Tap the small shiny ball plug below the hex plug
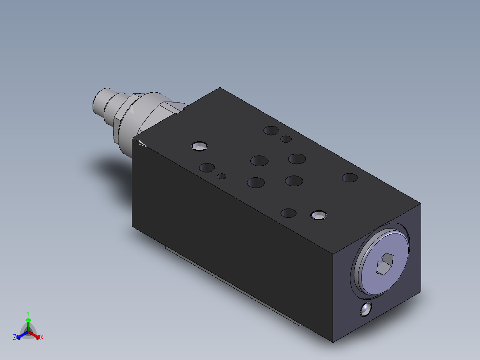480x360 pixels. pos(366,309)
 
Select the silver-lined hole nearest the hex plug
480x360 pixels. pos(319,215)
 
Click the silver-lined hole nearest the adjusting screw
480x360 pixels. pos(199,146)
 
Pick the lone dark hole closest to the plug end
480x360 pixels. pos(350,178)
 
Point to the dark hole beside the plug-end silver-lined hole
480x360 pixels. pos(289,213)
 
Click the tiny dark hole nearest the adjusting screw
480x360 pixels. pos(221,176)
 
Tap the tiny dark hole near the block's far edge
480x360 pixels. pos(286,139)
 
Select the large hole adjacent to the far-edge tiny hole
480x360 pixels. pos(271,131)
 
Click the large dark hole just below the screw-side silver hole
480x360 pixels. pos(207,168)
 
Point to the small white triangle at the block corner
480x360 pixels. pos(142,143)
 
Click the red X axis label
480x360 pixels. pos(42,338)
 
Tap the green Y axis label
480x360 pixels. pos(28,313)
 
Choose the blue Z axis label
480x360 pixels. pos(15,338)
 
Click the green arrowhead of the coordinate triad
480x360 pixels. pos(28,320)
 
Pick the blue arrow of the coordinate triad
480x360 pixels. pos(20,335)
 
